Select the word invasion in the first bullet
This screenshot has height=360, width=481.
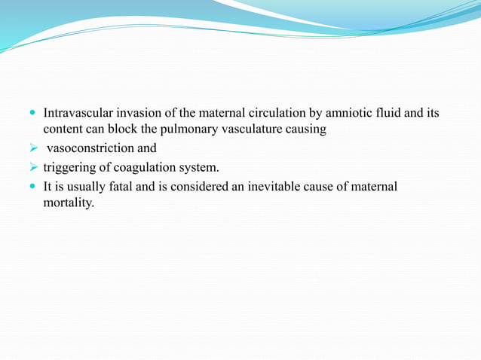pos(142,114)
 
